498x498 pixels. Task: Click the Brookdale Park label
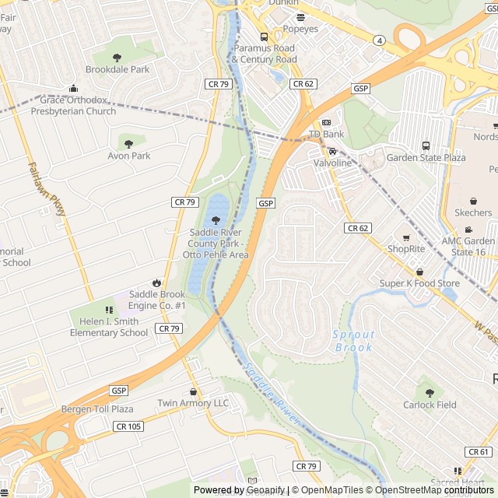click(x=117, y=70)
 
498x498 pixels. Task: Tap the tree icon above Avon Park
click(x=129, y=143)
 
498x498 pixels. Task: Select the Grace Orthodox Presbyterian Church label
click(x=73, y=106)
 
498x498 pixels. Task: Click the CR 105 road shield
click(x=128, y=426)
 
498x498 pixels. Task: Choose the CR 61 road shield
click(x=479, y=452)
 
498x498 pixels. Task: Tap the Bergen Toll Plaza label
click(x=97, y=409)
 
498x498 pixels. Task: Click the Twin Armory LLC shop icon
click(x=194, y=391)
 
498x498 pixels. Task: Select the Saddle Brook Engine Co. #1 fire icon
click(x=157, y=282)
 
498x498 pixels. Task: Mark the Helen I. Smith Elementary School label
click(x=109, y=328)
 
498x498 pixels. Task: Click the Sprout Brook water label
click(x=354, y=341)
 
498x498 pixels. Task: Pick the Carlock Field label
click(x=430, y=405)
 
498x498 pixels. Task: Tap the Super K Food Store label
click(x=419, y=283)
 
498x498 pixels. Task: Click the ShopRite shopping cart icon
click(x=406, y=237)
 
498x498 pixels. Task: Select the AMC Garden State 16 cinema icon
click(x=468, y=230)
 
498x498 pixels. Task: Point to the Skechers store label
click(x=473, y=212)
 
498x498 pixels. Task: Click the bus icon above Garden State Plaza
click(x=426, y=146)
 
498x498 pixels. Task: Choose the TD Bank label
click(x=326, y=135)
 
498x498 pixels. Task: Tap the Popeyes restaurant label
click(x=300, y=29)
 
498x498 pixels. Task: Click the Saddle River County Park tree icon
click(x=216, y=221)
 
